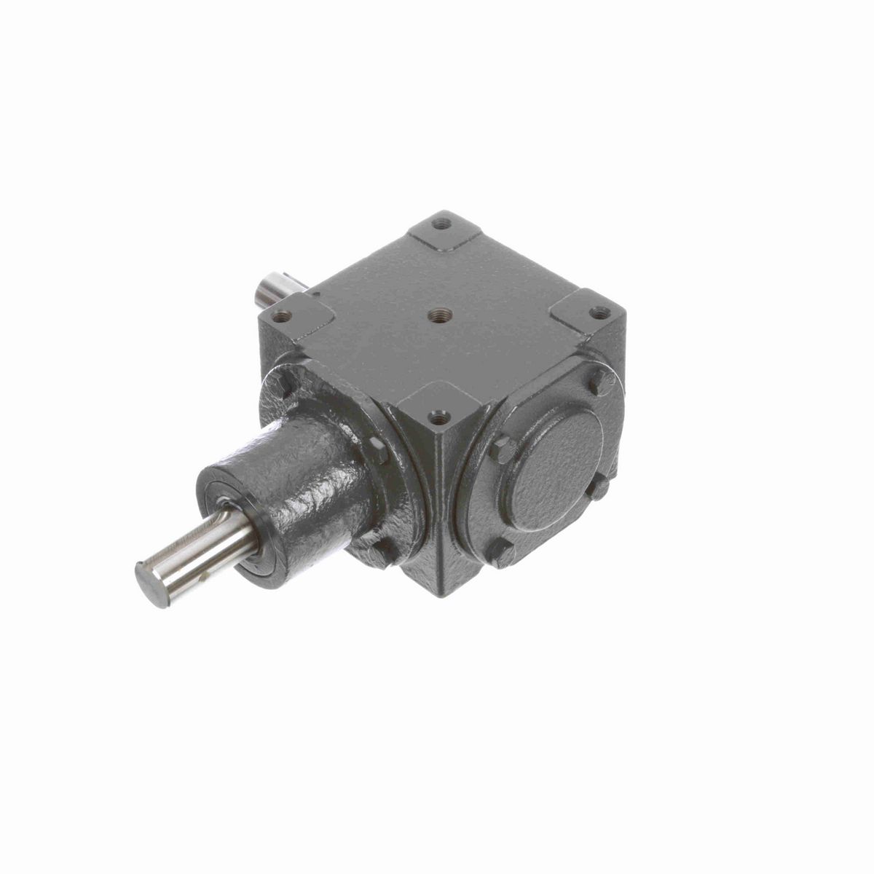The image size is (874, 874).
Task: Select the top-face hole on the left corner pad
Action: (282, 316)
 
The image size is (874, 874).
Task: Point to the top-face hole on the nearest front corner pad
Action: (438, 418)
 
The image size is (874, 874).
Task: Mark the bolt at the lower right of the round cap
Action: (599, 487)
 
